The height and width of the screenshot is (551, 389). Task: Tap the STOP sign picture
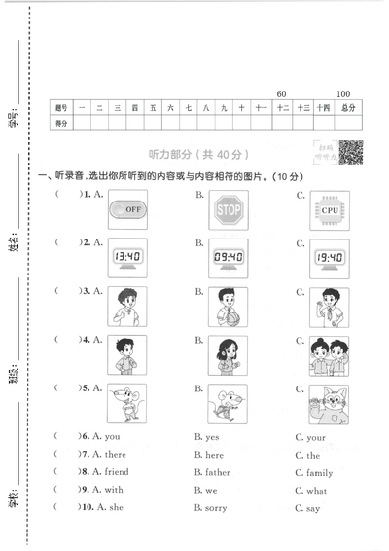coord(228,209)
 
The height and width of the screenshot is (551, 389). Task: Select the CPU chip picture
coord(328,209)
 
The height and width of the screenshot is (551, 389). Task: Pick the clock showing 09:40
coord(228,258)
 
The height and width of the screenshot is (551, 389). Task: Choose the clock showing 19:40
coord(328,258)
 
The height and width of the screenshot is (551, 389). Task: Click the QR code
coord(351,152)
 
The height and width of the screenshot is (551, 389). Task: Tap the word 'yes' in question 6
coord(211,437)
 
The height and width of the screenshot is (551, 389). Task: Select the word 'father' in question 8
coord(217,472)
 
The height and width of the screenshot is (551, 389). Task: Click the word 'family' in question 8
coord(319,472)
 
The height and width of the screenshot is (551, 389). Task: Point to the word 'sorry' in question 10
coord(215,508)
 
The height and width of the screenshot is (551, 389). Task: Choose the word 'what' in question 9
coord(317,491)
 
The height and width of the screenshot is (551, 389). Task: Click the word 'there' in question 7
coord(115,455)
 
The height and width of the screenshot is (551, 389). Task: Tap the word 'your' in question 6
coord(315,437)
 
